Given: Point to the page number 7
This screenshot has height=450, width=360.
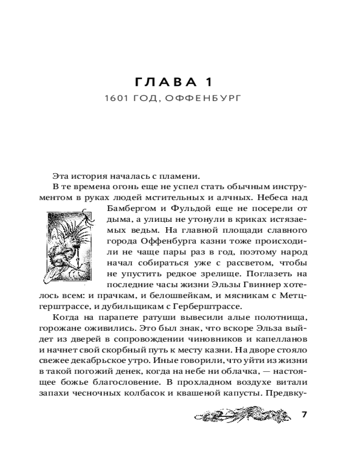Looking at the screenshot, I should pos(304,414).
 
